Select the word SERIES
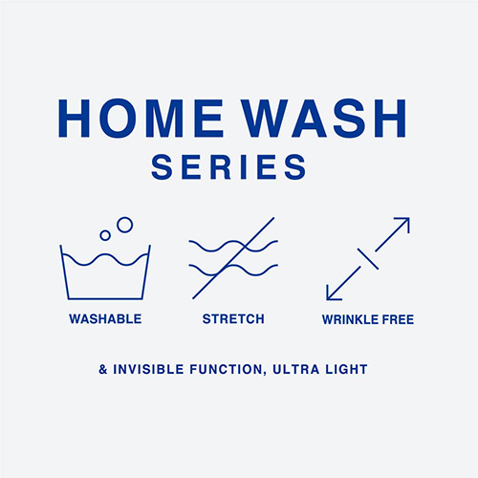coord(228,167)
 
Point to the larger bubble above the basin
coord(124,225)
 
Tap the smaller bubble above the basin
coord(105,235)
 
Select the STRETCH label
coord(232,318)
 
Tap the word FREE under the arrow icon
coord(397,318)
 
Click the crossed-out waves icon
coord(232,258)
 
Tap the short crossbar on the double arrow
coord(368,258)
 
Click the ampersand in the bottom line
coord(102,368)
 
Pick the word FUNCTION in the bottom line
coord(228,368)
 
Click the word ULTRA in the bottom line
coord(298,368)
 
